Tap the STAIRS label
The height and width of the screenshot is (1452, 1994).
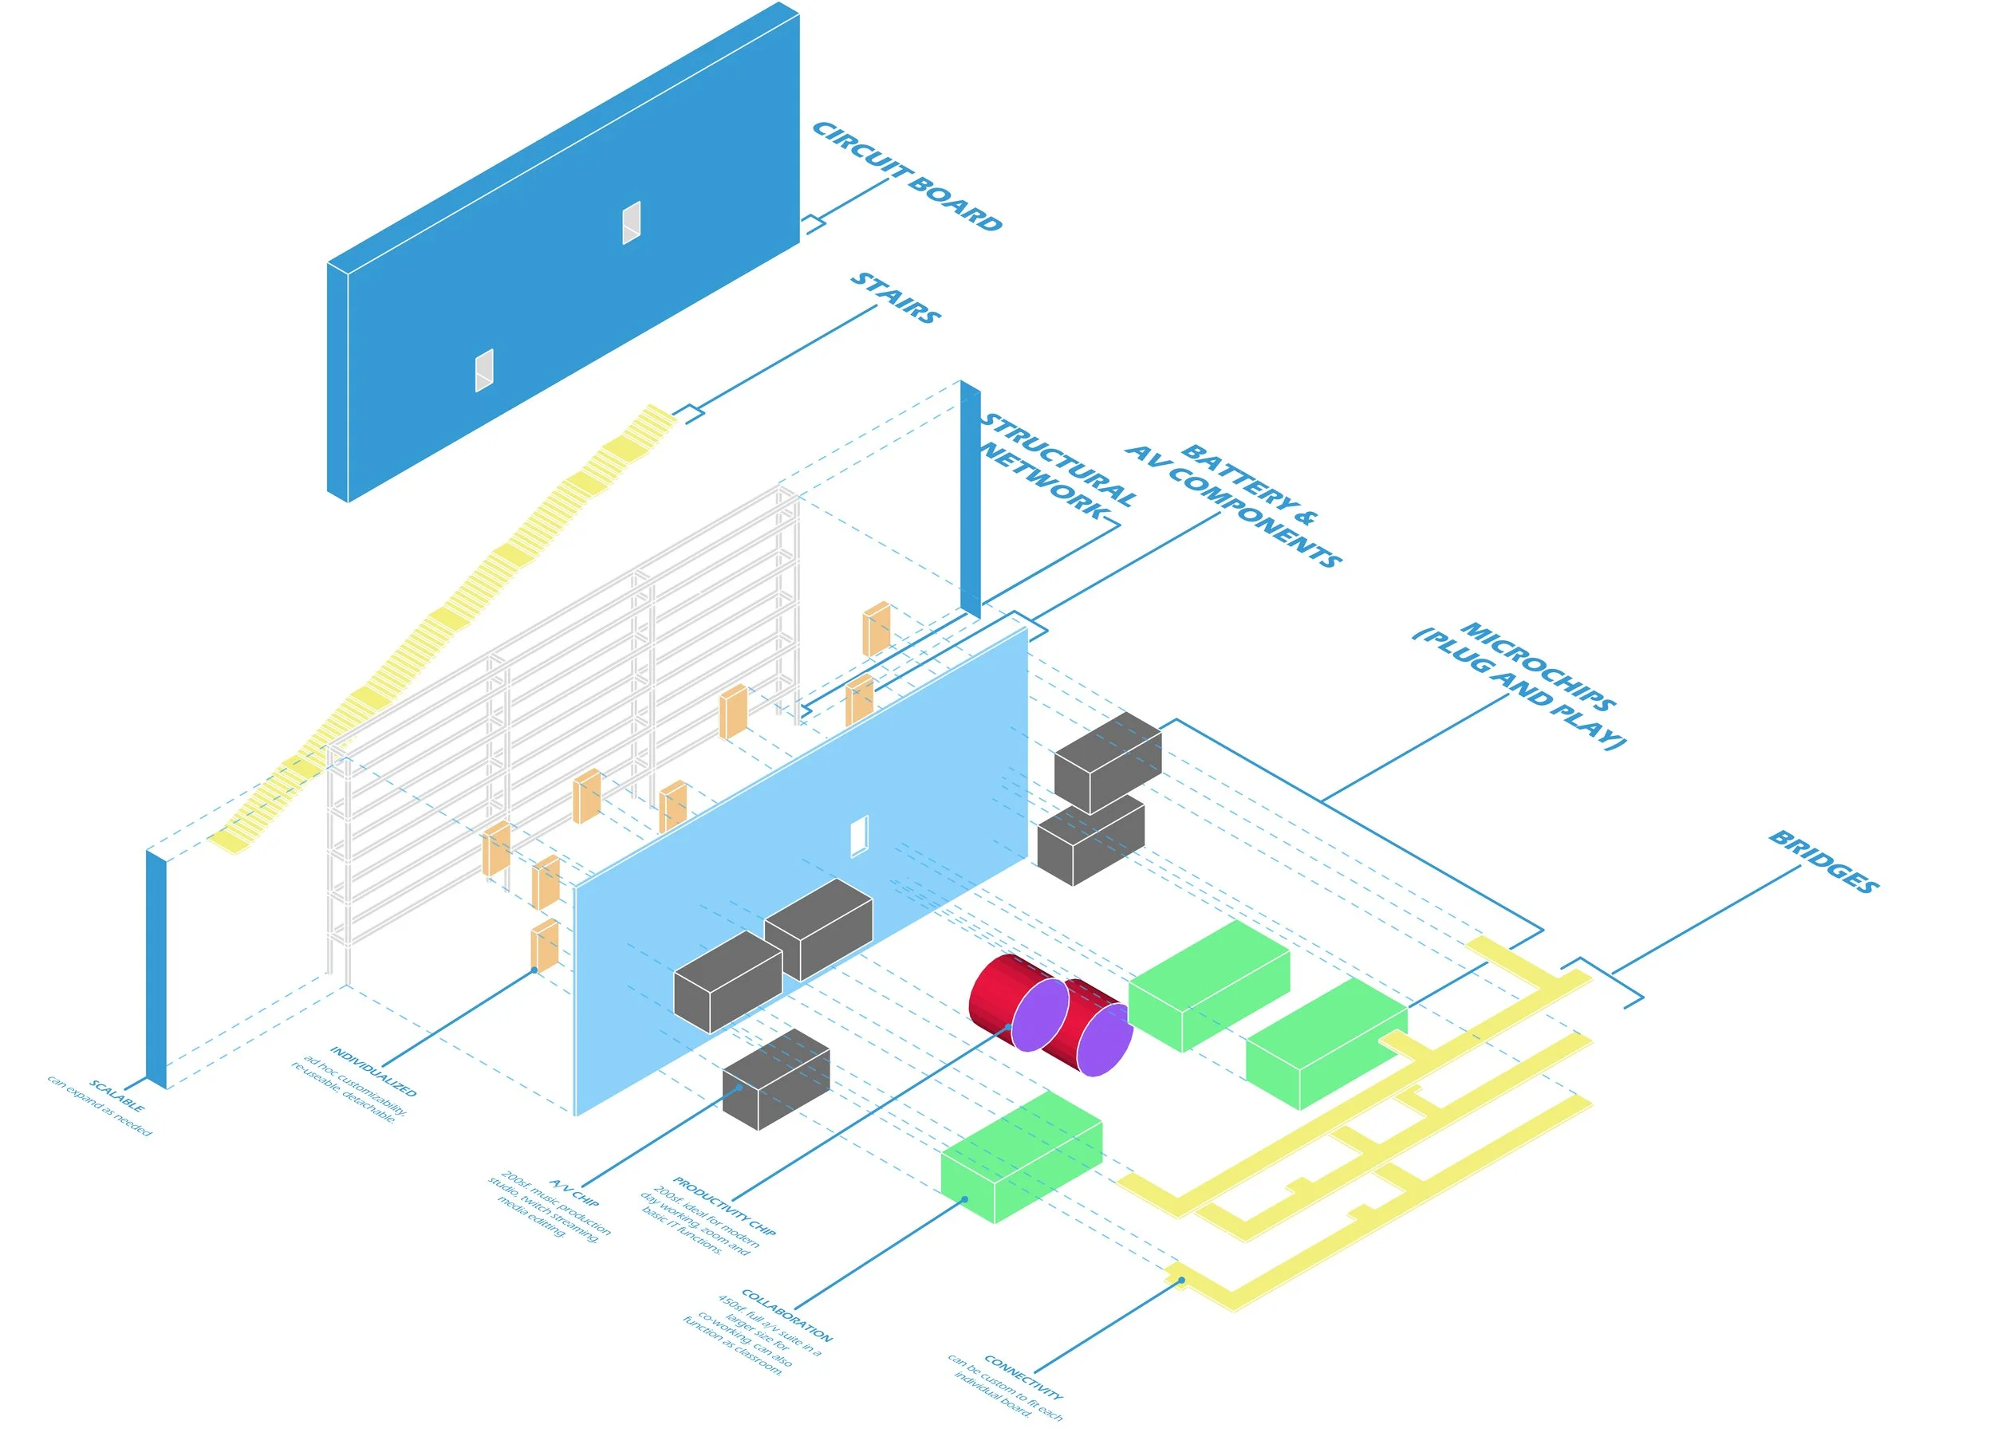coord(895,297)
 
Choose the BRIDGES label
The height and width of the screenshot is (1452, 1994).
coord(1823,861)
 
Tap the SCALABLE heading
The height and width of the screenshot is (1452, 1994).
coord(116,1096)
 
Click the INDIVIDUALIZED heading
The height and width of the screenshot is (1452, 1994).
coord(372,1071)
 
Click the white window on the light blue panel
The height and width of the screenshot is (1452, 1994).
coord(859,835)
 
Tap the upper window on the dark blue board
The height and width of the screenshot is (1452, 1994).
coord(631,222)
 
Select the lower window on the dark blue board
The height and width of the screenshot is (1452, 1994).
coord(483,370)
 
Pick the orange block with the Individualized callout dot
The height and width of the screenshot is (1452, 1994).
coord(544,946)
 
